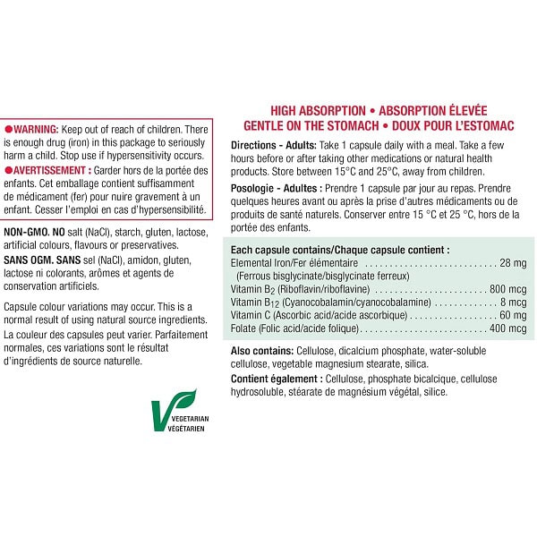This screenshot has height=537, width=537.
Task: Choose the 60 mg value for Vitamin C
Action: tap(513, 315)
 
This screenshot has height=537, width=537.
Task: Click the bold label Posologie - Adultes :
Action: tap(277, 189)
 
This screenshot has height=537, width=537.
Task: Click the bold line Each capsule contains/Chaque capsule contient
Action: tap(339, 250)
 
